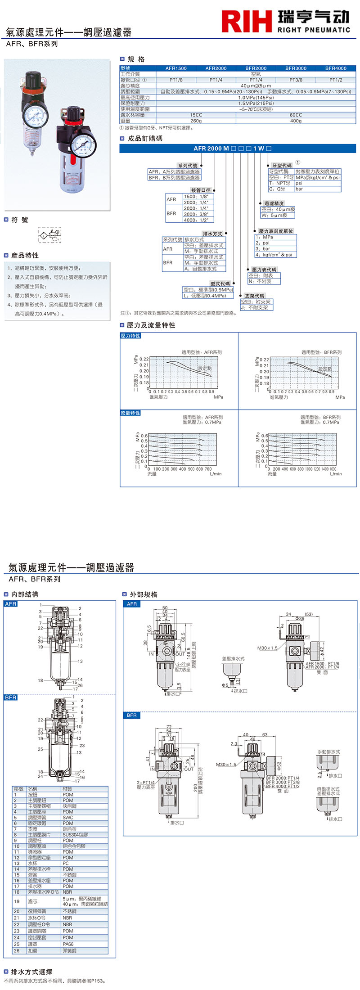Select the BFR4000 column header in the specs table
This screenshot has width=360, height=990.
tap(336, 68)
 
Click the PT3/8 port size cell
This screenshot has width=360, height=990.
tap(296, 80)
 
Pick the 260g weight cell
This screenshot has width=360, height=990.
tap(196, 121)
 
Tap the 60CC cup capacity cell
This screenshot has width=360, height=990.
tap(296, 115)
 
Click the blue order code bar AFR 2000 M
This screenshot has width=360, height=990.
tap(238, 148)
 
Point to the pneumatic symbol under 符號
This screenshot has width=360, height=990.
tap(49, 235)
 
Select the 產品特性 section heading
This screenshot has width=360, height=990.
tap(25, 255)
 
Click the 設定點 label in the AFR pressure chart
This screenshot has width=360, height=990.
tap(205, 369)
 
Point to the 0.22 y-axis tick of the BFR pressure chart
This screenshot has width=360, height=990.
tap(264, 360)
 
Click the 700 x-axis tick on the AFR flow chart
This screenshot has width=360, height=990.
tap(208, 469)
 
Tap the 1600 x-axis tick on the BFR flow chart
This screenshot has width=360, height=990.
tap(333, 469)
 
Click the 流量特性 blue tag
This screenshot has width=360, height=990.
tap(130, 413)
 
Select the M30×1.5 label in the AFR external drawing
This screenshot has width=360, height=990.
tap(267, 648)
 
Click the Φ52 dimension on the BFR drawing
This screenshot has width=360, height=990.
tap(279, 765)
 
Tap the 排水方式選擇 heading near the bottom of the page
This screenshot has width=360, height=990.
tap(31, 972)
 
